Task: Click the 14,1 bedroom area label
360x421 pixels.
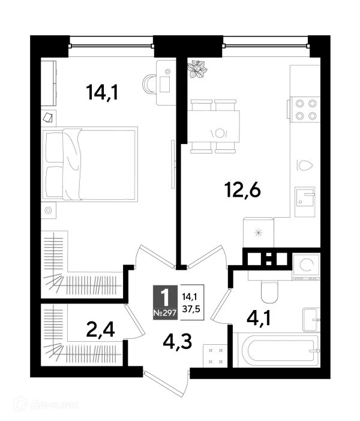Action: [x=102, y=92]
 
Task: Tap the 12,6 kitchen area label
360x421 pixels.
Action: [x=242, y=190]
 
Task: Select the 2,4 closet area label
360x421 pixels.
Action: [x=100, y=330]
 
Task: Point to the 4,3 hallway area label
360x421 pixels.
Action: [x=178, y=341]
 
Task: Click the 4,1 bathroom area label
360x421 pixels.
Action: [x=259, y=318]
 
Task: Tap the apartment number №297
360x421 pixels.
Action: [x=164, y=313]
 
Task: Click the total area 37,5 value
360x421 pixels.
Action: [x=191, y=309]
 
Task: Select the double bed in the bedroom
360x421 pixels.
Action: [x=89, y=164]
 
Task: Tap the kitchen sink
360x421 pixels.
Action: [x=305, y=202]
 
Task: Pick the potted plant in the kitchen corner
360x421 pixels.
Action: [x=197, y=69]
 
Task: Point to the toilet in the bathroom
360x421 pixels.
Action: [x=269, y=291]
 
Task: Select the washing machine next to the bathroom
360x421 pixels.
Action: [x=306, y=266]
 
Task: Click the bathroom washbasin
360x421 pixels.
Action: [x=311, y=320]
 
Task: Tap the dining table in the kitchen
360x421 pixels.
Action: [x=214, y=126]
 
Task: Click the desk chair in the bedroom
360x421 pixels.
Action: [x=149, y=85]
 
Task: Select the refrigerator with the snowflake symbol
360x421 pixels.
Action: [x=259, y=233]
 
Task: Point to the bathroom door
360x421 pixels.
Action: [x=221, y=305]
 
